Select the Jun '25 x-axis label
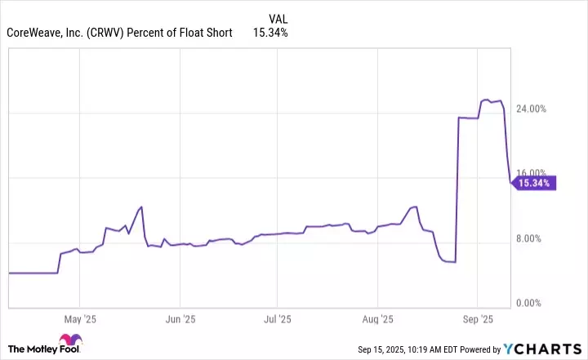point(180,318)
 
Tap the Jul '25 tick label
point(279,318)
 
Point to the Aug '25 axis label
point(379,318)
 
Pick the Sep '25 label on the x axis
point(479,318)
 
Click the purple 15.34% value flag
point(534,184)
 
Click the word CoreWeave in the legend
point(32,33)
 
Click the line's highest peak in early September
point(486,100)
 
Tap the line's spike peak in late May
point(141,207)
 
